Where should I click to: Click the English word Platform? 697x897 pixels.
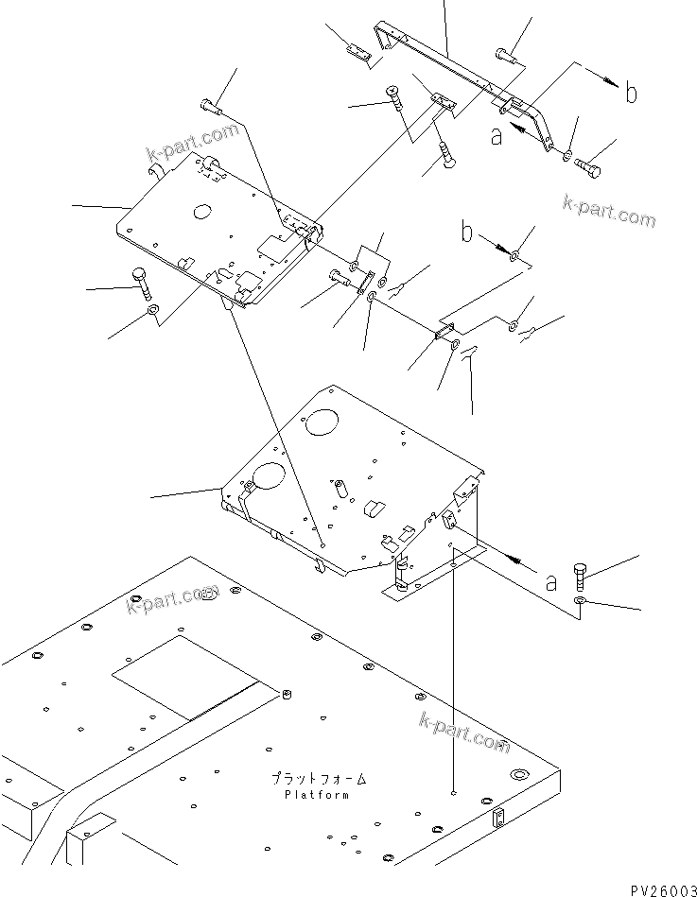(x=316, y=795)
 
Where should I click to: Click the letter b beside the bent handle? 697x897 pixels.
(x=630, y=94)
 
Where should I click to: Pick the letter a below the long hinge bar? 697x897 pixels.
(x=496, y=137)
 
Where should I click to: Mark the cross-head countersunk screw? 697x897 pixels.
(x=392, y=94)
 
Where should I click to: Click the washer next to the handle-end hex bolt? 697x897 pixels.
(x=566, y=157)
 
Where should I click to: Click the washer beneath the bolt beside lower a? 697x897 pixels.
(x=581, y=600)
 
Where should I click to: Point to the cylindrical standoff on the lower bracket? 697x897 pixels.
(x=339, y=492)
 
